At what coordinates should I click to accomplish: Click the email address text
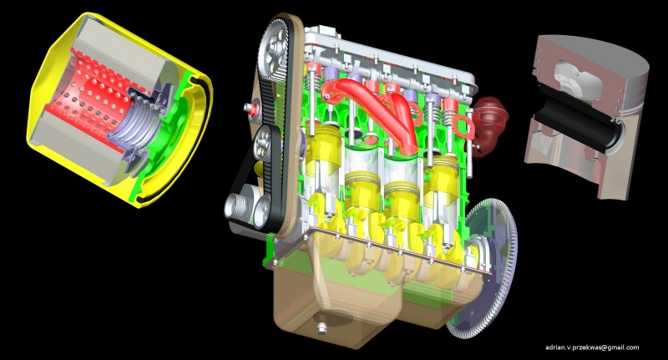tap(592, 347)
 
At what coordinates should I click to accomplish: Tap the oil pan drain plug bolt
tap(322, 327)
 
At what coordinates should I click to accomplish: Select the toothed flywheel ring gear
tap(486, 268)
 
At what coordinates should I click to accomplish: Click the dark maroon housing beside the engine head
tap(490, 124)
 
